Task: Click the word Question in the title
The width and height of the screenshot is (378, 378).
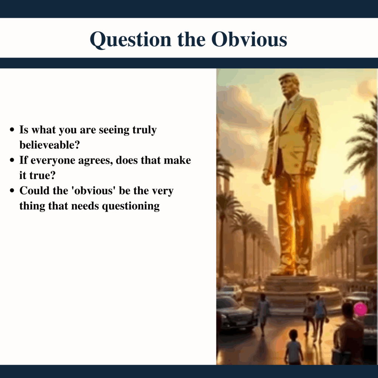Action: [x=130, y=39]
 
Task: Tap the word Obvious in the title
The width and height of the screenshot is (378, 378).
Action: [x=249, y=39]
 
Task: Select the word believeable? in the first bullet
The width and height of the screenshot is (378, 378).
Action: [x=49, y=145]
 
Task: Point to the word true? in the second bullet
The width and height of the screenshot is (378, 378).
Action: [x=42, y=175]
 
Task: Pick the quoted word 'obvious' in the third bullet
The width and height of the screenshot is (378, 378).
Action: [x=93, y=190]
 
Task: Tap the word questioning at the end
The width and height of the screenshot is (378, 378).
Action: [x=131, y=206]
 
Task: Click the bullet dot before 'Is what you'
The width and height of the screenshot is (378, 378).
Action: [x=12, y=130]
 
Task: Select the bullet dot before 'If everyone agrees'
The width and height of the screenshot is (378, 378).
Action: [x=12, y=160]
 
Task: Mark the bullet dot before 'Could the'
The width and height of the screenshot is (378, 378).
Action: [x=12, y=191]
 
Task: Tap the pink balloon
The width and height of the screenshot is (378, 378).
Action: [x=361, y=309]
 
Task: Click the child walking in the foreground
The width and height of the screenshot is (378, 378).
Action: [x=293, y=347]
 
